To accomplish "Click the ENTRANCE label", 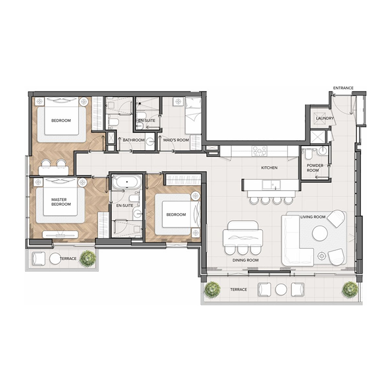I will click(x=343, y=88).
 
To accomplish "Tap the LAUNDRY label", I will click(x=325, y=118).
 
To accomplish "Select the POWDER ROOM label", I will click(x=315, y=168).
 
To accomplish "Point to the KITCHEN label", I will click(x=269, y=168).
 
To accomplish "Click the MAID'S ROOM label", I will click(x=176, y=140).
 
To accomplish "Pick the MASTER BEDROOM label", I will click(x=61, y=202).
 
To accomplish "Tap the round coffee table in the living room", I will click(x=320, y=233).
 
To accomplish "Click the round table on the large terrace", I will click(x=281, y=289).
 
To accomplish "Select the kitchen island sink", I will click(x=270, y=184).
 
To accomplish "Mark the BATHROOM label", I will click(x=134, y=140).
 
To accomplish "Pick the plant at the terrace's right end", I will click(x=350, y=289).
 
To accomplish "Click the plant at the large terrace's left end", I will click(x=213, y=289).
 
